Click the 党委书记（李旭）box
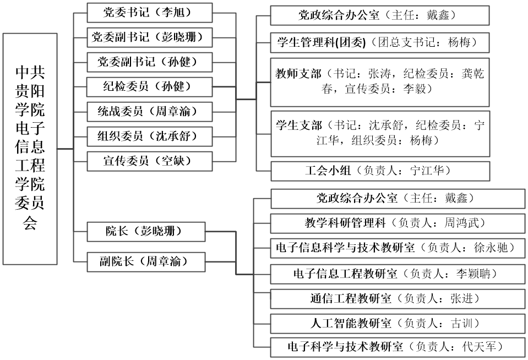point(150,13)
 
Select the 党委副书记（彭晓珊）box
point(150,37)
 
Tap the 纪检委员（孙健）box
point(150,87)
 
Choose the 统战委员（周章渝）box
point(150,112)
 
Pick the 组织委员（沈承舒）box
point(150,137)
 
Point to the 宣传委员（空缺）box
point(150,161)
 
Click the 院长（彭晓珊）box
point(146,232)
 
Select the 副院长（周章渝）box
point(146,261)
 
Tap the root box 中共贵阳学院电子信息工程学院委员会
point(30,149)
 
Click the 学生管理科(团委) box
point(380,43)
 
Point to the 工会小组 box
point(380,171)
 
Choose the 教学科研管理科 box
point(398,223)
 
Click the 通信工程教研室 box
point(398,299)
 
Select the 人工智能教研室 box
point(398,324)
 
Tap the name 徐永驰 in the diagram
point(491,248)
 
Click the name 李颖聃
point(473,274)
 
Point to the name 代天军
point(479,347)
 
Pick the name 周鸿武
point(461,223)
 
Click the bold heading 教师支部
point(298,73)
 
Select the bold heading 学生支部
point(299,126)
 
